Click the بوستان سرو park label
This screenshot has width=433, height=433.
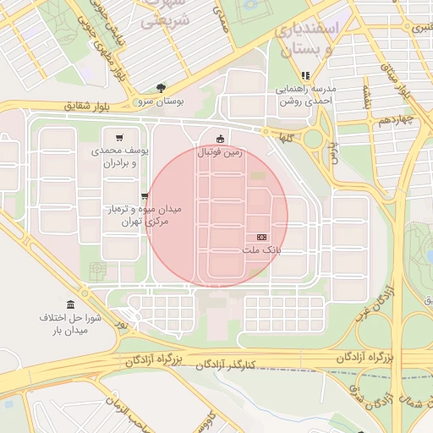pyautogui.click(x=160, y=101)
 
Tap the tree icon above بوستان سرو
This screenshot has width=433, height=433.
pyautogui.click(x=161, y=88)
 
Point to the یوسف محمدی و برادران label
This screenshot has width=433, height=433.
pyautogui.click(x=119, y=156)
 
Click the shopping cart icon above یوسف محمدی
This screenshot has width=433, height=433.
pyautogui.click(x=119, y=138)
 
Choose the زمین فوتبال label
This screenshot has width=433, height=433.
pyautogui.click(x=220, y=153)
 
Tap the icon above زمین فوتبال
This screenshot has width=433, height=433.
pyautogui.click(x=221, y=139)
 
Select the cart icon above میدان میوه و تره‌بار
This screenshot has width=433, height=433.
pyautogui.click(x=145, y=196)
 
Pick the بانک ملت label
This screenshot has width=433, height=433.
pyautogui.click(x=261, y=251)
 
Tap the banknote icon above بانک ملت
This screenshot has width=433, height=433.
pyautogui.click(x=261, y=238)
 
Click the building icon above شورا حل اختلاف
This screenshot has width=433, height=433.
pyautogui.click(x=69, y=304)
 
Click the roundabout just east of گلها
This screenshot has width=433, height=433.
pyautogui.click(x=314, y=138)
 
